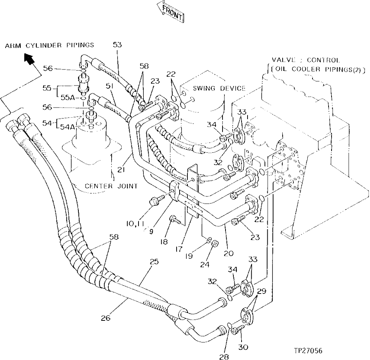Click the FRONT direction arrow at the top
pos(170,11)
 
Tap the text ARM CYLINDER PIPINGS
pos(50,46)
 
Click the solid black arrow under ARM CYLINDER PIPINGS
pos(29,58)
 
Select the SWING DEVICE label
pos(219,89)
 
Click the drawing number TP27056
pos(308,351)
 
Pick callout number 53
pos(117,45)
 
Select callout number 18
pos(163,242)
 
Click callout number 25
pos(154,262)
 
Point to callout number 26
pos(106,318)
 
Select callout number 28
pos(224,357)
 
